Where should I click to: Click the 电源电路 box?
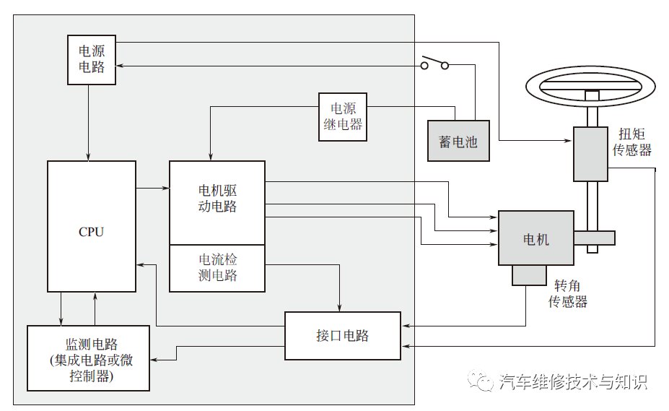point(92,60)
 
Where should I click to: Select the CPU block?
point(92,226)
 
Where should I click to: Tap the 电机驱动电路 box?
point(217,202)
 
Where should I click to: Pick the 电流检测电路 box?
point(217,268)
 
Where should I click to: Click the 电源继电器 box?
point(343,117)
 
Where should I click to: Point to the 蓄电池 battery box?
point(458,141)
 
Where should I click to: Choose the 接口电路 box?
point(343,336)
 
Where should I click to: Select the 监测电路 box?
point(88,358)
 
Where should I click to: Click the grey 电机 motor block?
point(536,238)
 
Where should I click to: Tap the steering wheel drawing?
point(590,87)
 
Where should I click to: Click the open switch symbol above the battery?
point(434,62)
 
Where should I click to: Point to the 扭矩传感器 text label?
point(632,142)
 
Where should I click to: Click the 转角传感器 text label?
point(567,293)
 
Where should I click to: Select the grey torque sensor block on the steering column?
point(590,154)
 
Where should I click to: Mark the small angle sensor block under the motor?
point(529,275)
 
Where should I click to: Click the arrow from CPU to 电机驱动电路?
point(153,188)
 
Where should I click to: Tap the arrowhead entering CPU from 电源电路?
point(89,157)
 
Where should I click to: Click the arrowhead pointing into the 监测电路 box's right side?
point(154,360)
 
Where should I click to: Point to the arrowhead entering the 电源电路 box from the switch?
point(120,66)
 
